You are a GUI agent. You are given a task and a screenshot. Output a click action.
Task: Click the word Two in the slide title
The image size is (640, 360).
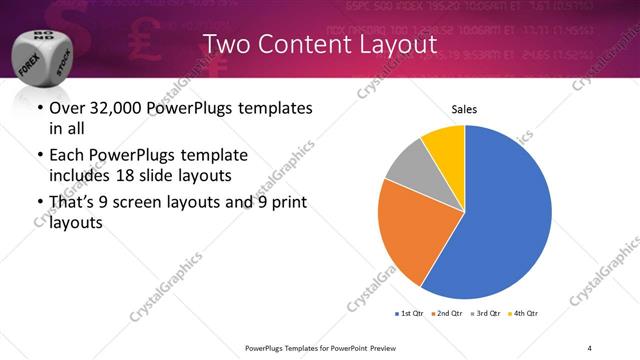coord(226,45)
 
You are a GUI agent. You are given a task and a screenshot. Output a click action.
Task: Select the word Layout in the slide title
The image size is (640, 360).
coord(401,45)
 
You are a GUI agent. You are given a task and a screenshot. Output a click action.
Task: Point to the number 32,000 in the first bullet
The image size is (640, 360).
coord(116,109)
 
